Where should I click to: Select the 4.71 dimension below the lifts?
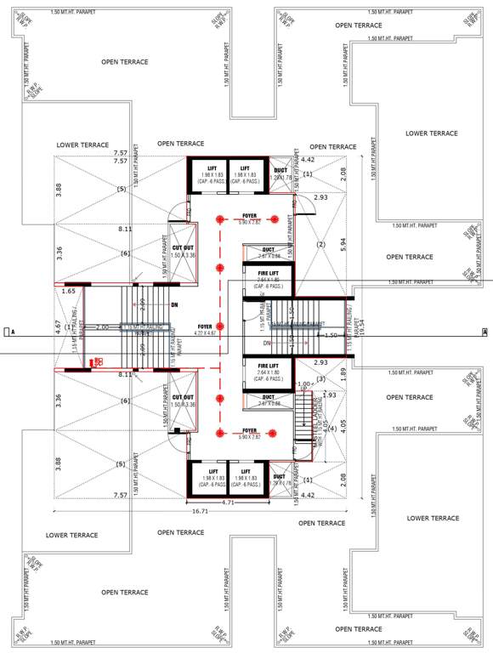pyautogui.click(x=228, y=503)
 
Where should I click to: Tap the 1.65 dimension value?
pyautogui.click(x=69, y=292)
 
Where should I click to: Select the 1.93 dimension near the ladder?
pyautogui.click(x=330, y=395)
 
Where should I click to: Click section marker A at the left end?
pyautogui.click(x=7, y=332)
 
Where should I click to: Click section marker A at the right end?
pyautogui.click(x=484, y=332)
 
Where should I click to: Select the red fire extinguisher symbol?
pyautogui.click(x=98, y=361)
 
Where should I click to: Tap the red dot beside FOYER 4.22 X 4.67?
pyautogui.click(x=220, y=326)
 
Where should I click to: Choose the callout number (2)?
pyautogui.click(x=321, y=245)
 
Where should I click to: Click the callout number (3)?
pyautogui.click(x=320, y=378)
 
